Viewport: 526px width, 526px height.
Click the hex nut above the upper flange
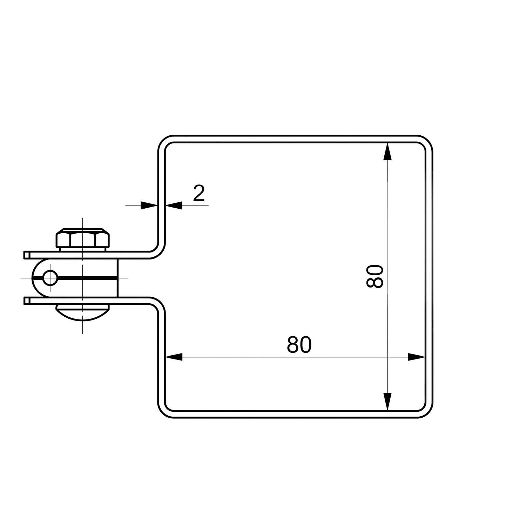tap(83, 238)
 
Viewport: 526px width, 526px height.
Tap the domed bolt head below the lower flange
tap(83, 312)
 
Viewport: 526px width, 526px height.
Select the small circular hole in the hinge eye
tap(50, 278)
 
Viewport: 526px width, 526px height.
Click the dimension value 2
tap(199, 193)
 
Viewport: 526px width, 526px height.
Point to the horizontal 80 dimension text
tap(299, 345)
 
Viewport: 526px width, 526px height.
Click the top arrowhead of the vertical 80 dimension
tap(387, 151)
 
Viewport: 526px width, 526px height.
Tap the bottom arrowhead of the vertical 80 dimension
tap(387, 402)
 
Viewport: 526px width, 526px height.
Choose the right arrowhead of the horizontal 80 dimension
tap(417, 357)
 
